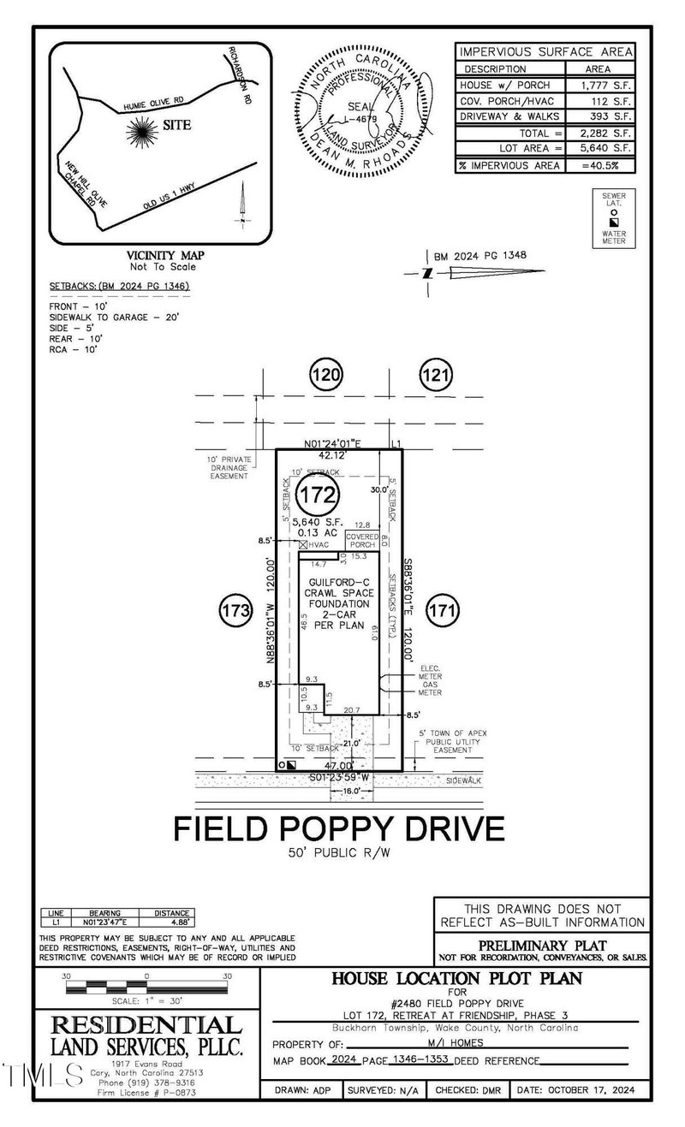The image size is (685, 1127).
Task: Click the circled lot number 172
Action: click(319, 494)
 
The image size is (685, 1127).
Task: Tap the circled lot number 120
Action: click(325, 374)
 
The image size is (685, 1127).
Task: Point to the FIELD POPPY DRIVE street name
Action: click(339, 828)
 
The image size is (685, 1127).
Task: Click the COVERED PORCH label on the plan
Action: click(362, 540)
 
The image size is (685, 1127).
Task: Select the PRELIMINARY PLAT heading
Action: click(542, 946)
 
